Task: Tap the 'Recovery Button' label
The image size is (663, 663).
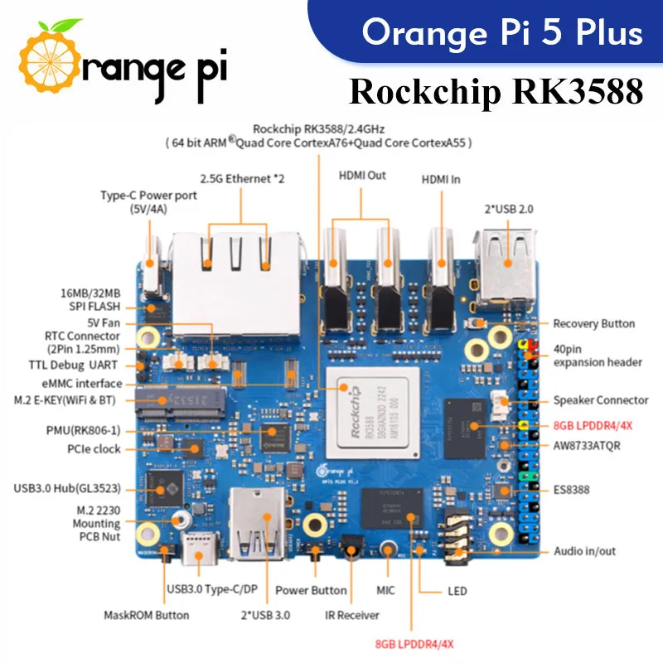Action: [593, 324]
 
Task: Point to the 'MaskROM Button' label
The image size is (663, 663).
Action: [146, 615]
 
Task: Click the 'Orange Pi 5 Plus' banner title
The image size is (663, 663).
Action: [502, 33]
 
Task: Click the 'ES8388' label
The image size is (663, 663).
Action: [571, 490]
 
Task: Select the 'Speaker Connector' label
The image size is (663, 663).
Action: [601, 400]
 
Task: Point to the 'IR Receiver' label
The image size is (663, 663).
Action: [352, 615]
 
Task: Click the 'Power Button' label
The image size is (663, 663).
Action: [311, 591]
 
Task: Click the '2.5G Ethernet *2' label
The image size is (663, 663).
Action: [242, 179]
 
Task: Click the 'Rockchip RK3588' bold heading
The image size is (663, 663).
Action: [496, 92]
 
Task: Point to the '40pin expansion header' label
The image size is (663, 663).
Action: [597, 355]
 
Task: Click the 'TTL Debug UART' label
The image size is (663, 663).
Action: [80, 365]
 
